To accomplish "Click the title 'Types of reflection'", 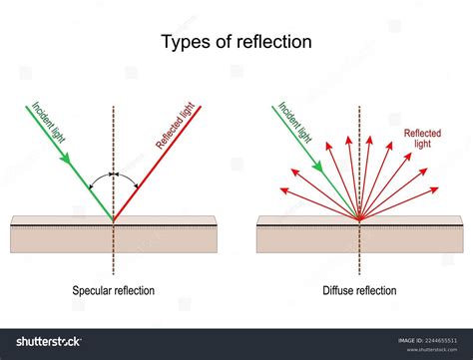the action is click(x=236, y=42).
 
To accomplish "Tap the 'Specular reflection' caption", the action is click(x=113, y=290).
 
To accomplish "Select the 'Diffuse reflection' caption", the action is click(x=359, y=290).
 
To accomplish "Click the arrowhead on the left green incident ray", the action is click(x=67, y=157).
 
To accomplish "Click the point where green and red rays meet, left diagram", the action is click(x=113, y=219).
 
